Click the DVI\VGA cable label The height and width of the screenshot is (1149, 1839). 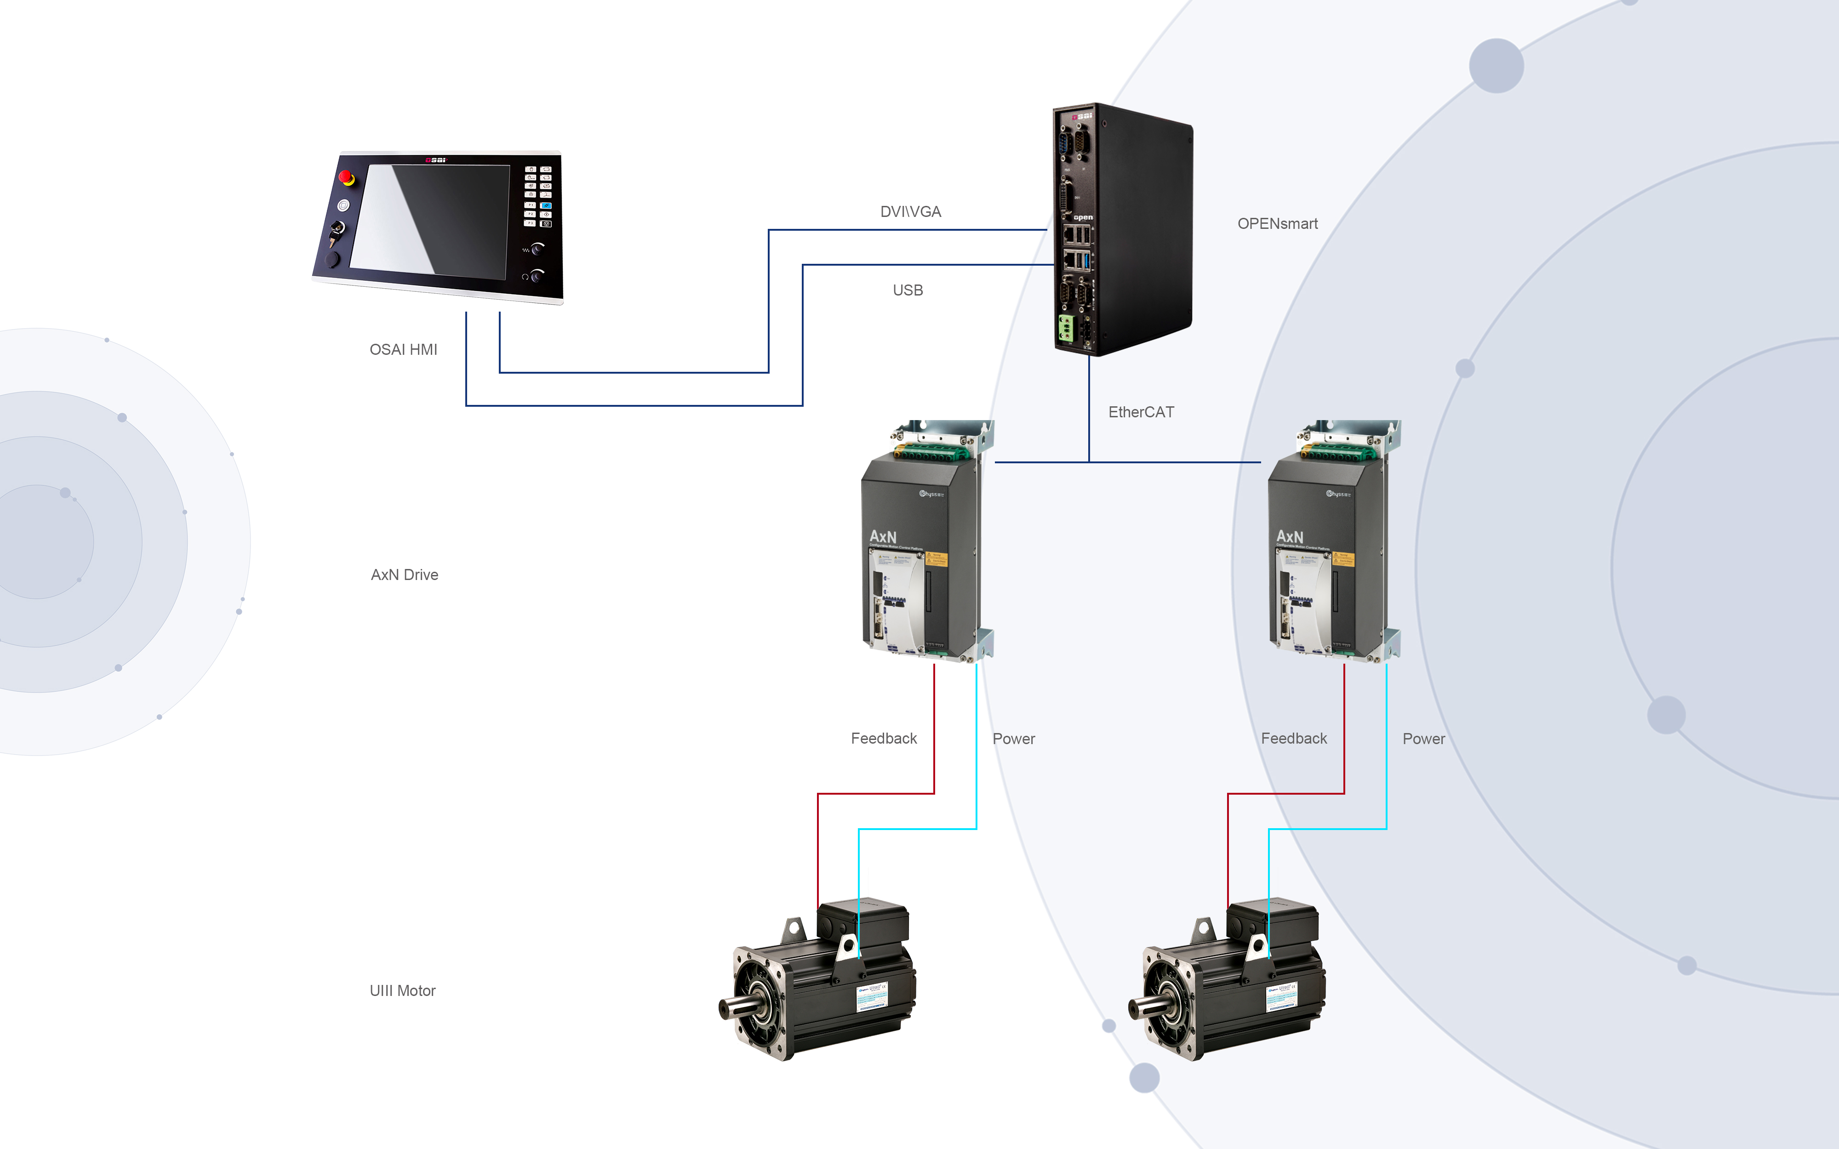[x=910, y=212]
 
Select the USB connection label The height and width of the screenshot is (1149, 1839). [x=908, y=290]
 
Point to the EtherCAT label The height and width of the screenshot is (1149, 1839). [x=1141, y=412]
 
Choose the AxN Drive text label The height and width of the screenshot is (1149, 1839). [x=404, y=574]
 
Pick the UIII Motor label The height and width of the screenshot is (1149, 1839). [x=402, y=990]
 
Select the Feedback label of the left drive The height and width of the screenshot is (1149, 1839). [x=883, y=739]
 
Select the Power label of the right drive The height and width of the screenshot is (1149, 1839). [x=1423, y=739]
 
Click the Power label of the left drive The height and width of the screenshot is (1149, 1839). [x=1013, y=739]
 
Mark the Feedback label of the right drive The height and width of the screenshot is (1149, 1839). [x=1293, y=739]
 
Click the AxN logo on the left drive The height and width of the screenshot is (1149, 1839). [x=883, y=536]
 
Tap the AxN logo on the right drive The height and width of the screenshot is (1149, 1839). [x=1290, y=536]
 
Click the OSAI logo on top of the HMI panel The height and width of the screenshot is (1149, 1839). [x=435, y=160]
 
